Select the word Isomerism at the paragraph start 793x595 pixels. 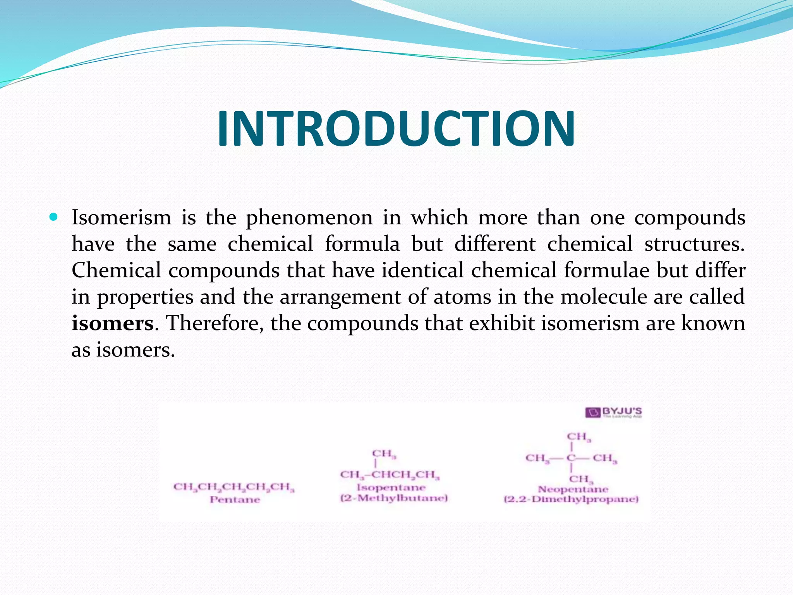tap(121, 218)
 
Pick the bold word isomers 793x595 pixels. tap(113, 323)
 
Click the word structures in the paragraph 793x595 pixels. tap(694, 244)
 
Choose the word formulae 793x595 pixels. tap(606, 270)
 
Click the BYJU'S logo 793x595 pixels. tap(613, 412)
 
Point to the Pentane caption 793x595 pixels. tap(235, 499)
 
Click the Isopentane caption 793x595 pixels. tap(391, 488)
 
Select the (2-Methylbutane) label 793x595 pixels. tap(394, 498)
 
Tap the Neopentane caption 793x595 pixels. tap(573, 489)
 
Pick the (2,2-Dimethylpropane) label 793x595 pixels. tap(571, 499)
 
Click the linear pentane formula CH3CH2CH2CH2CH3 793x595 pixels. tap(234, 487)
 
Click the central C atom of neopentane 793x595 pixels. tap(571, 458)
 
